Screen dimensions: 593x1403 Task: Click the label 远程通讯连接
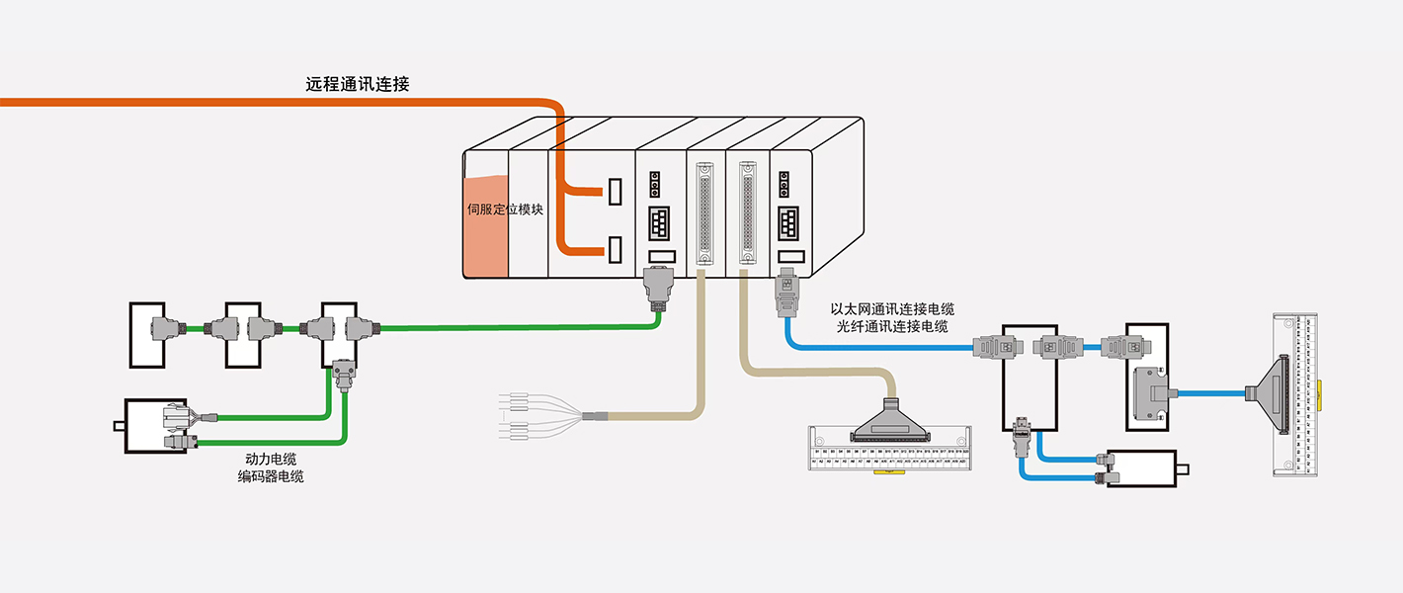click(x=358, y=85)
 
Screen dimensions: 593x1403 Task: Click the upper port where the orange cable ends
click(x=616, y=191)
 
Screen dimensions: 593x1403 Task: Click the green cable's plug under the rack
click(x=656, y=289)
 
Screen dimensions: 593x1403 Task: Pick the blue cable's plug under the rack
click(x=786, y=291)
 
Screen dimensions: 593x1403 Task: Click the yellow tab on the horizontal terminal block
click(x=889, y=472)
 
